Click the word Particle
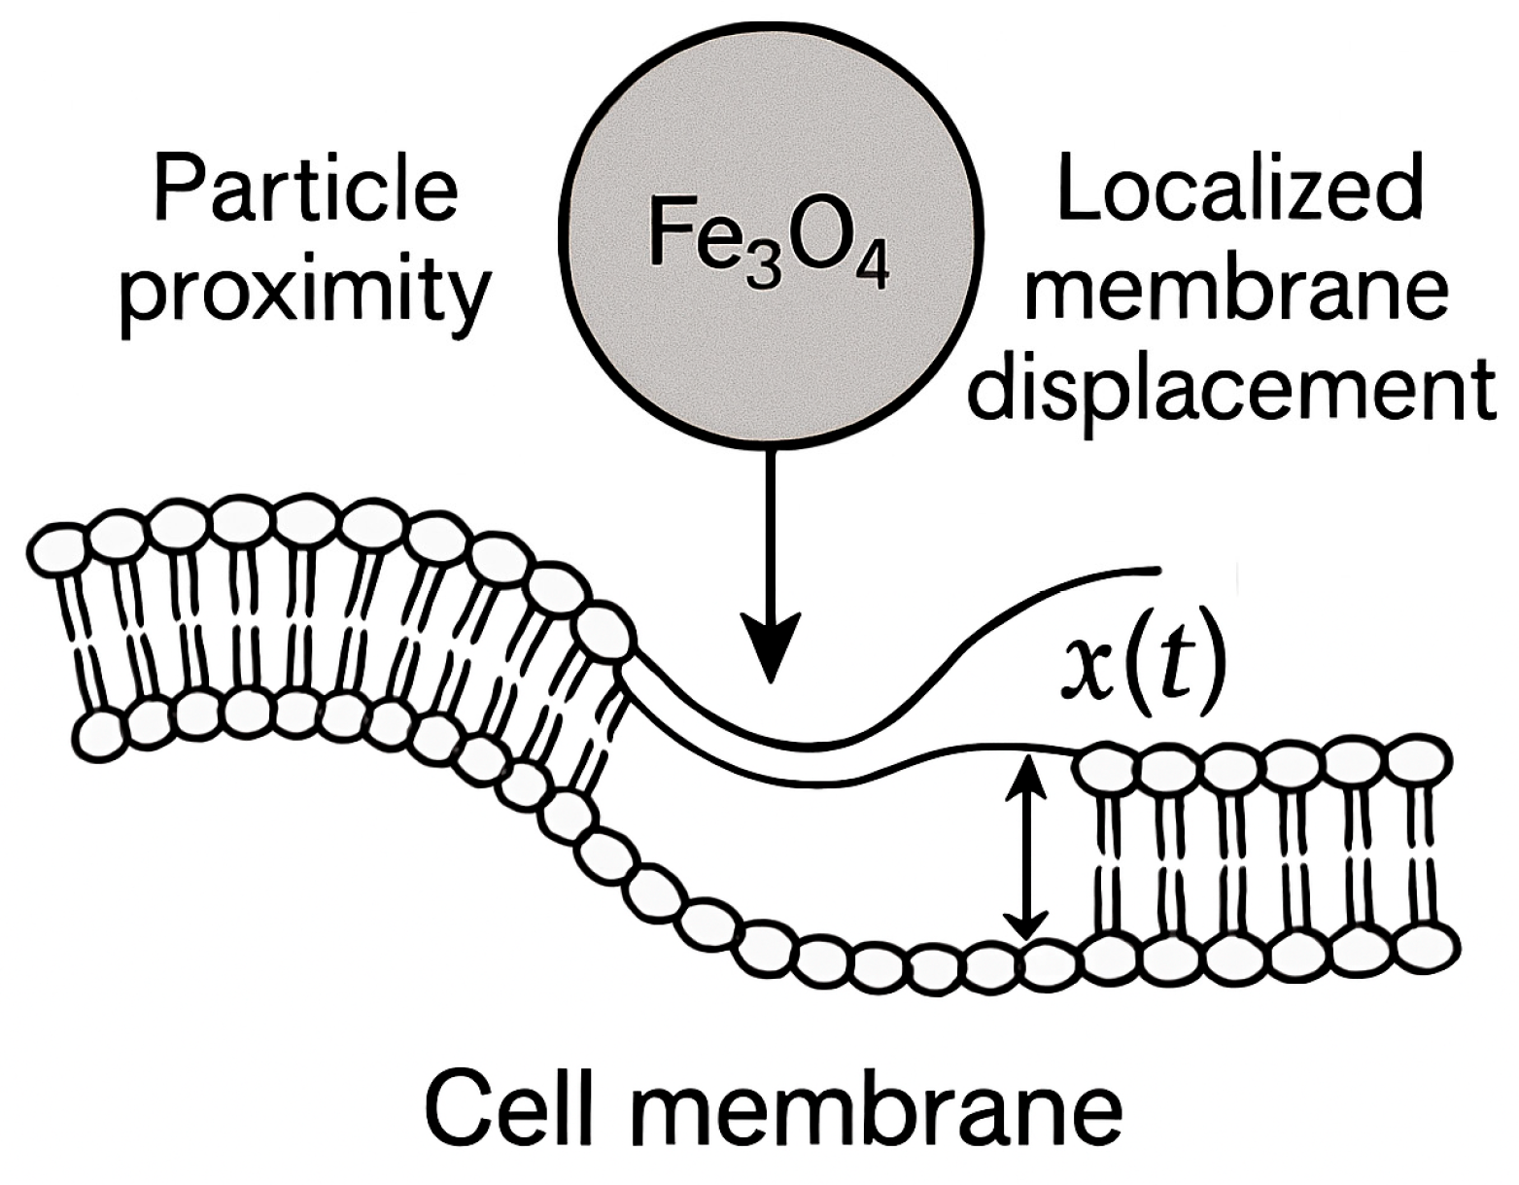[x=305, y=191]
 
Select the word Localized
[x=1239, y=191]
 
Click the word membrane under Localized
[x=1236, y=290]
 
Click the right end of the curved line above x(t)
[x=1157, y=569]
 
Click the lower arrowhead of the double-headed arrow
[x=1026, y=928]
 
